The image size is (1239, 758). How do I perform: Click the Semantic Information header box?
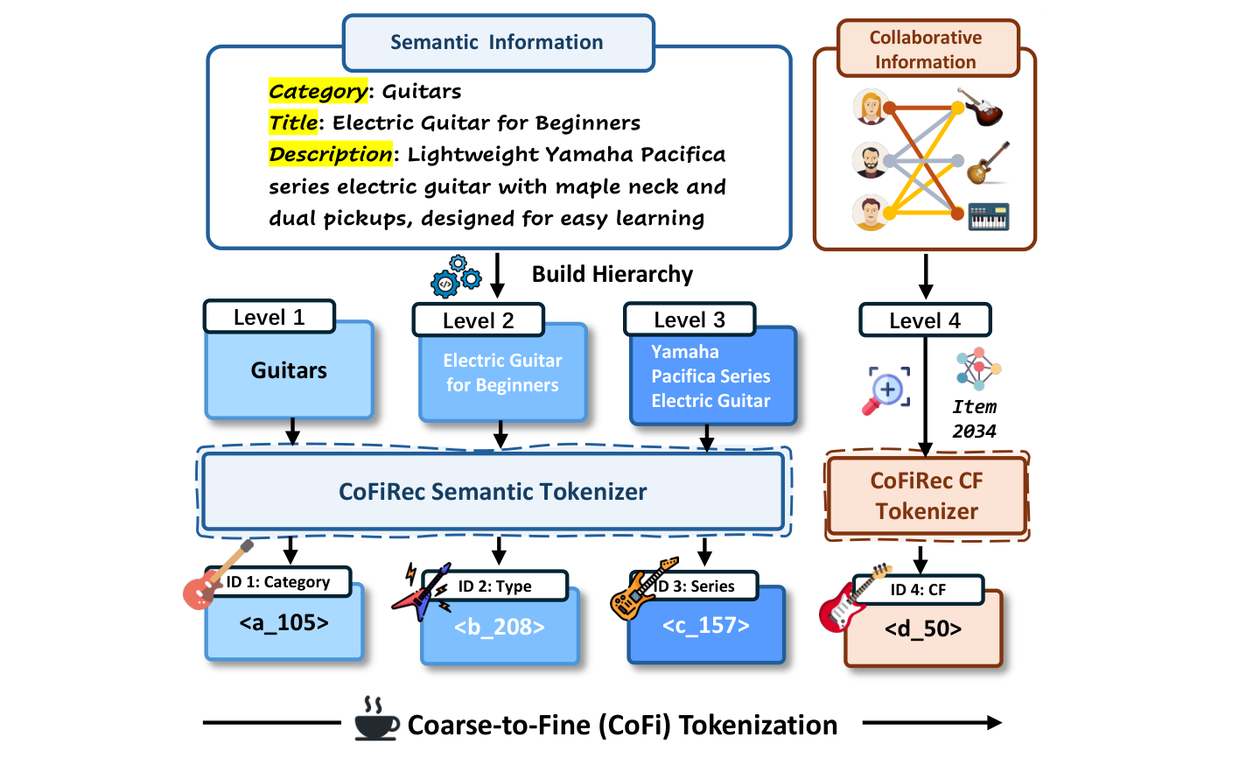(497, 43)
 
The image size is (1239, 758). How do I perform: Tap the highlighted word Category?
(318, 91)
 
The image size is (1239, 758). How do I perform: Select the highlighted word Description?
(331, 155)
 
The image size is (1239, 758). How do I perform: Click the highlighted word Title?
(293, 123)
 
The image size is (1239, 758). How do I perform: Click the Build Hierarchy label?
(612, 274)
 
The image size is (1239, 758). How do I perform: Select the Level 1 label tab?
(269, 317)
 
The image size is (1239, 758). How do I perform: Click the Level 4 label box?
(924, 320)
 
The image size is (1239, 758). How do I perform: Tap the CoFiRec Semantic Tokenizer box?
(493, 492)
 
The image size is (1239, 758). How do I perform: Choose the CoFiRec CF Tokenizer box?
(927, 495)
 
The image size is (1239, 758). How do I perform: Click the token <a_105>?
(283, 623)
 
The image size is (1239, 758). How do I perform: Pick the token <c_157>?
(705, 626)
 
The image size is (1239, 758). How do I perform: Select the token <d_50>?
(923, 629)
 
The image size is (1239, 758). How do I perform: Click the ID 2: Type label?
(495, 586)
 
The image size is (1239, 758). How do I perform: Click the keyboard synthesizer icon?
(989, 216)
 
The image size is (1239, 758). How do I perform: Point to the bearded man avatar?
(871, 160)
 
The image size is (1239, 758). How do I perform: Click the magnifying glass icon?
(886, 390)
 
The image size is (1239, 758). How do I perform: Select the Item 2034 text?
(974, 419)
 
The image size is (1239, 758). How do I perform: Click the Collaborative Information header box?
(925, 50)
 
